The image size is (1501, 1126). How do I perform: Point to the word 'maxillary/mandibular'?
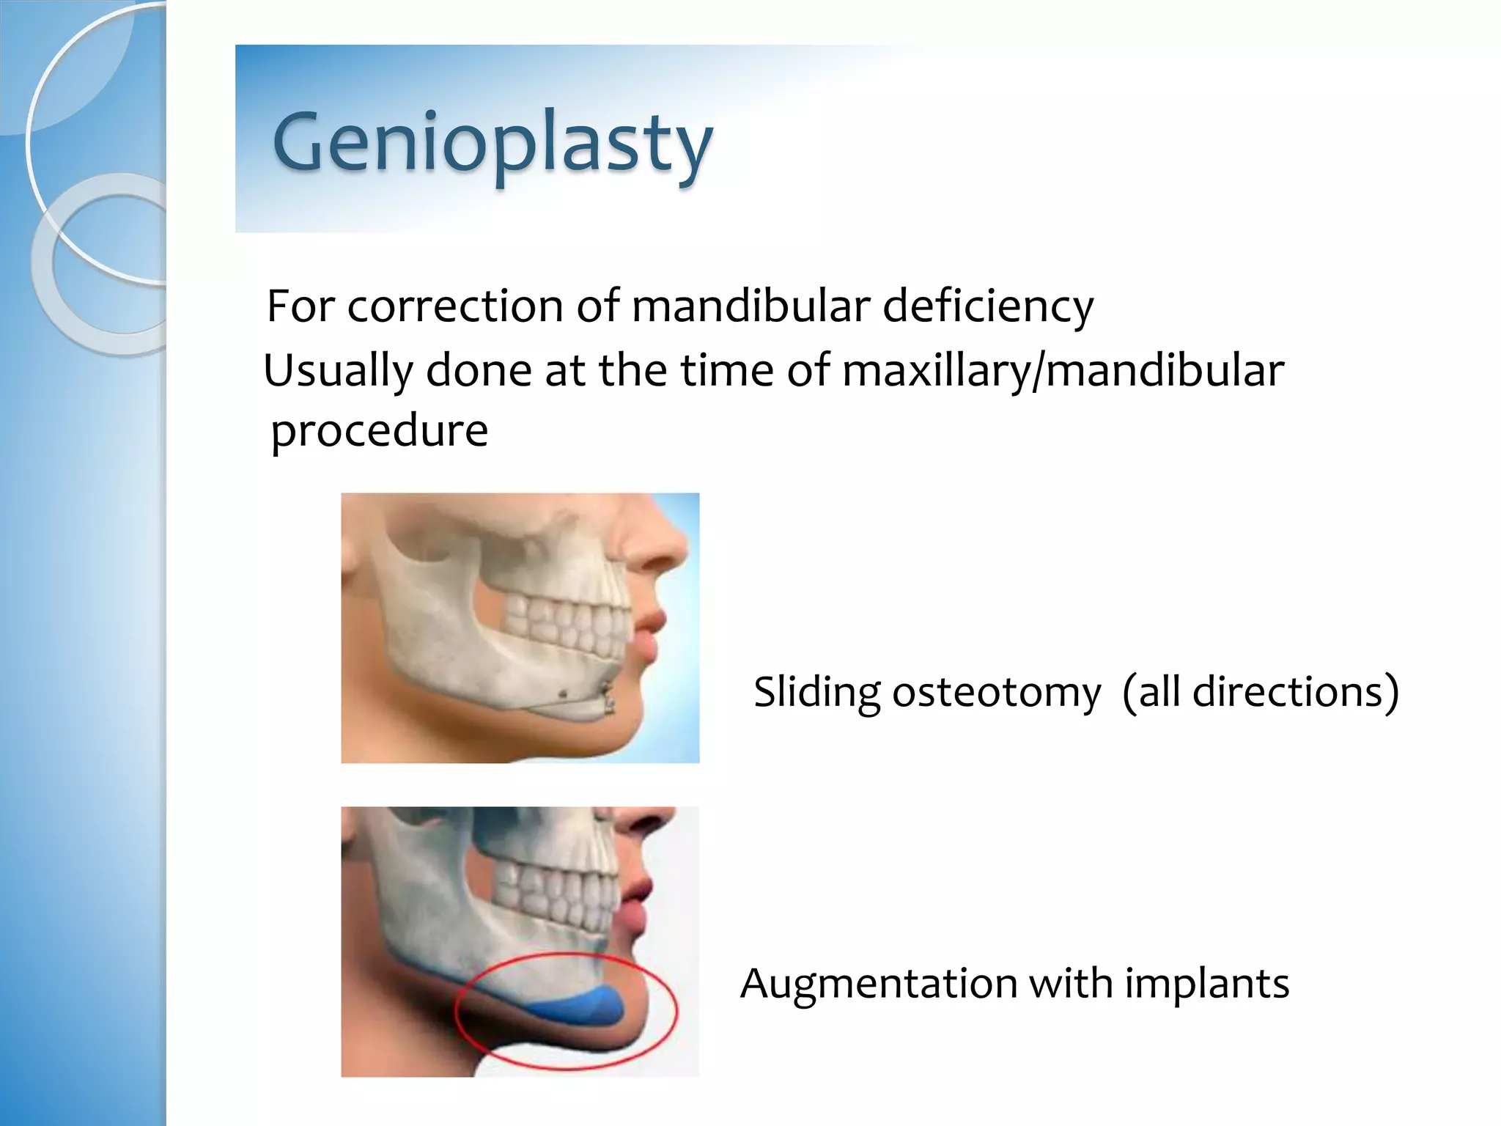(1063, 371)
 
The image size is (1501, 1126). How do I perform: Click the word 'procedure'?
(379, 430)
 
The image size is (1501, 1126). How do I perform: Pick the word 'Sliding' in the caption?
(816, 692)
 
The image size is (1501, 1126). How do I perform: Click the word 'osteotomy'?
(996, 692)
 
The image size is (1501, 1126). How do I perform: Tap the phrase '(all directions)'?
(1260, 692)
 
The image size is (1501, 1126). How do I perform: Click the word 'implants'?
(1206, 983)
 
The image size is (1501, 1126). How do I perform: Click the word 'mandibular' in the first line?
(750, 306)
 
